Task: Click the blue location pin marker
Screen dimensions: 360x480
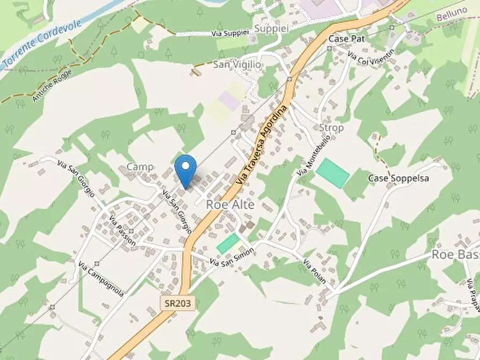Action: [x=186, y=169]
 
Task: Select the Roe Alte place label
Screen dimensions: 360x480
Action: [x=230, y=205]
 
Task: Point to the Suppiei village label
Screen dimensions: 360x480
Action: [x=272, y=28]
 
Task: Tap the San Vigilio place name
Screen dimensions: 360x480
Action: [x=237, y=64]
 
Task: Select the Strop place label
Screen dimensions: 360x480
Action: [x=331, y=128]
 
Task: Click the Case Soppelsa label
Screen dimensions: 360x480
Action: [x=398, y=178]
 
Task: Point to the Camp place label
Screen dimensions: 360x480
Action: [x=140, y=167]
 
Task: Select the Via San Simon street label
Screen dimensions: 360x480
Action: [x=231, y=257]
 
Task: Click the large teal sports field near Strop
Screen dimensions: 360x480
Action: [x=333, y=172]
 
